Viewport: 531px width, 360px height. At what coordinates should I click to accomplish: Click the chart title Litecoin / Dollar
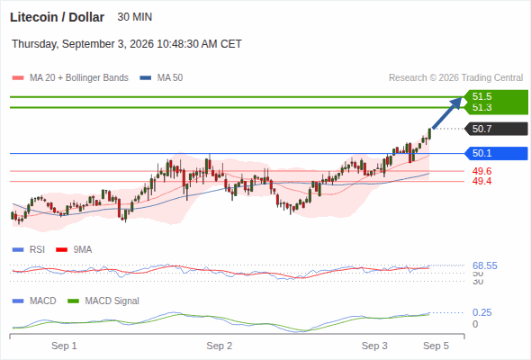[58, 17]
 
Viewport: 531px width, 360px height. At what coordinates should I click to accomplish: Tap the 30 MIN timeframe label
[134, 17]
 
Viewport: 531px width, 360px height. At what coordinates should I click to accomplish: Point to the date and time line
[127, 44]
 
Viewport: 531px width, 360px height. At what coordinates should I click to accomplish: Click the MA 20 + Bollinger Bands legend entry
[70, 78]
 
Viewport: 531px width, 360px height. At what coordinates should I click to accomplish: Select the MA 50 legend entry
[161, 78]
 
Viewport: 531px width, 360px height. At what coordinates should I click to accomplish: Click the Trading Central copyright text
[455, 78]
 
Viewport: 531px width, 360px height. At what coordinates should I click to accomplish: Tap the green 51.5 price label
[481, 96]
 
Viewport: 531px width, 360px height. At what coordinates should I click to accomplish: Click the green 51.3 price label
[481, 107]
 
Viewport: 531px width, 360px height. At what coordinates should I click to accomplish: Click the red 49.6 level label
[481, 171]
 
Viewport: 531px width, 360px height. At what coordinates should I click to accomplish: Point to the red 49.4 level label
[481, 181]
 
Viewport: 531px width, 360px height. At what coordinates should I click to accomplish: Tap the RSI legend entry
[29, 249]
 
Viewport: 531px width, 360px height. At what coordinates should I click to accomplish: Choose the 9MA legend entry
[74, 249]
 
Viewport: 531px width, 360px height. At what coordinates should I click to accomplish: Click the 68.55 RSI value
[485, 265]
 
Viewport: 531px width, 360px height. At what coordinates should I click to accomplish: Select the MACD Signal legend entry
[103, 301]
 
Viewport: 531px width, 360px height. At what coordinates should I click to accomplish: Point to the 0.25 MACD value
[481, 312]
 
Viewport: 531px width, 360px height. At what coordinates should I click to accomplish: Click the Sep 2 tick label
[219, 346]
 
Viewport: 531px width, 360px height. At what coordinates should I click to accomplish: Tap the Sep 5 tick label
[436, 346]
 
